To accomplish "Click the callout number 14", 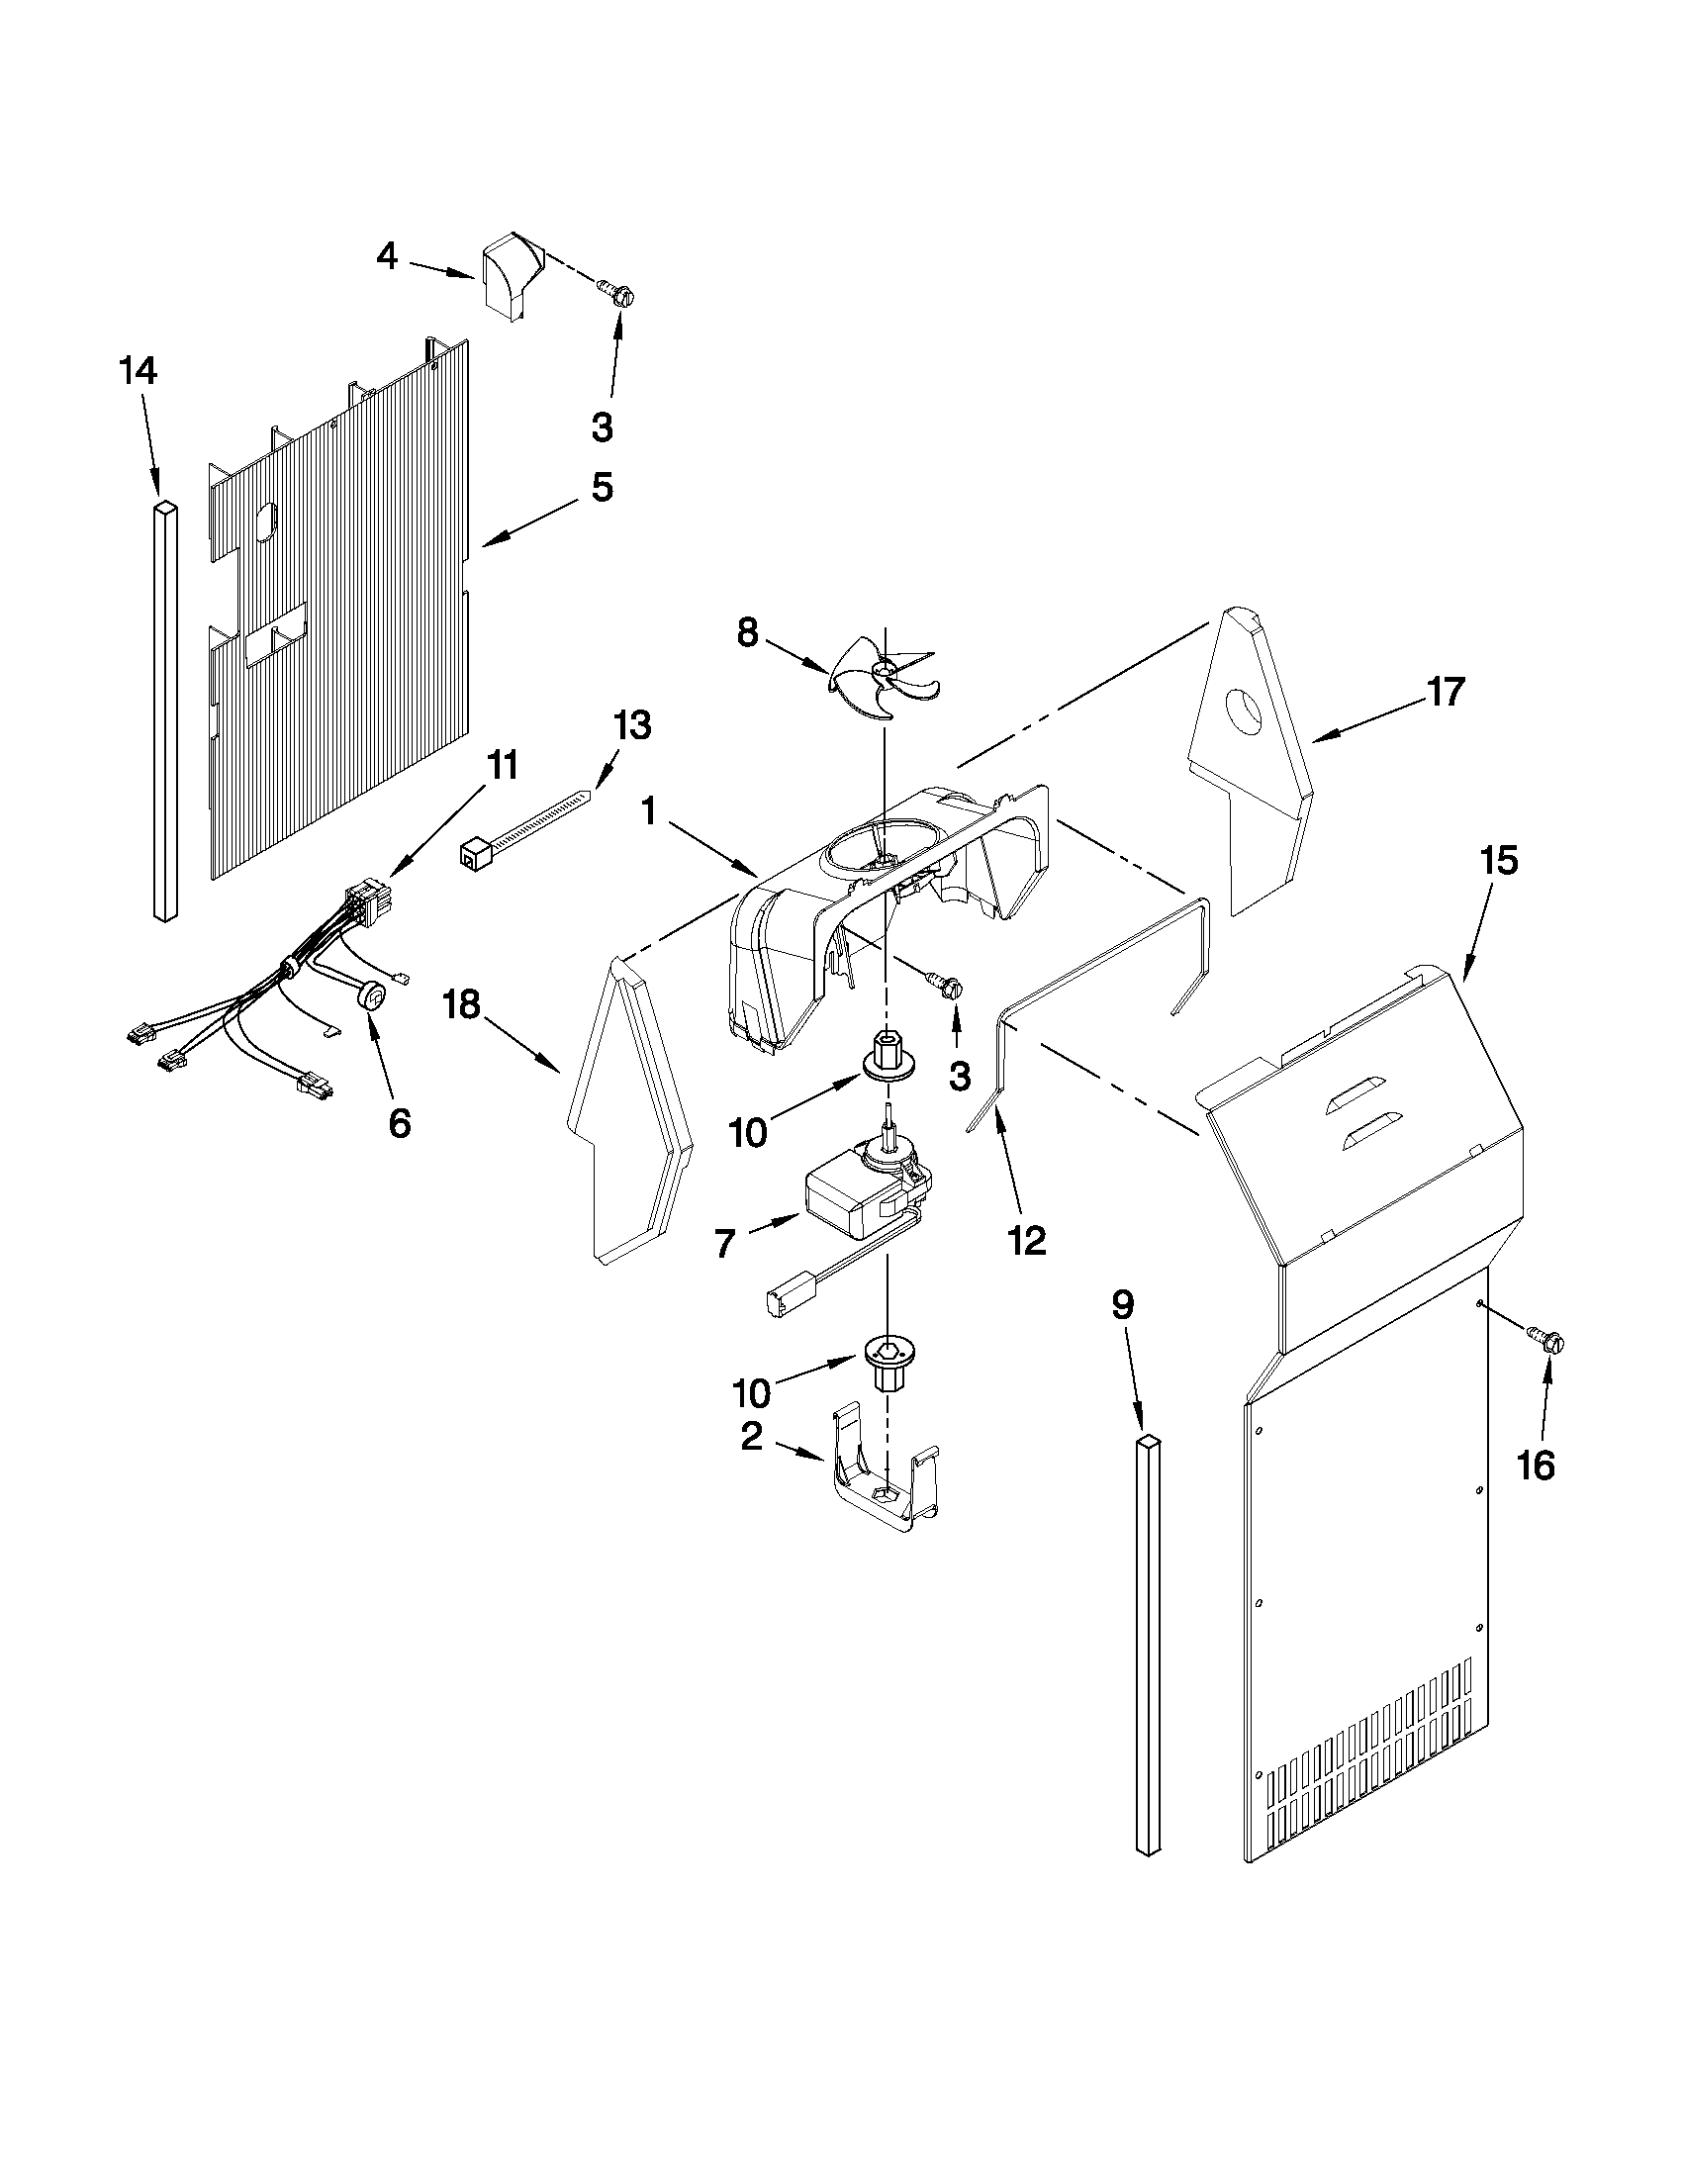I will click(138, 372).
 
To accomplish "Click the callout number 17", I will click(1445, 690).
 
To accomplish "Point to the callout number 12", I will click(1027, 1240).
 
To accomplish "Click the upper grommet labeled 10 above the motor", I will click(883, 1060).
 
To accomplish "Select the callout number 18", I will click(462, 1004).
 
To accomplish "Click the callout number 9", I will click(1123, 1305).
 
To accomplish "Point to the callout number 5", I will click(602, 487).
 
